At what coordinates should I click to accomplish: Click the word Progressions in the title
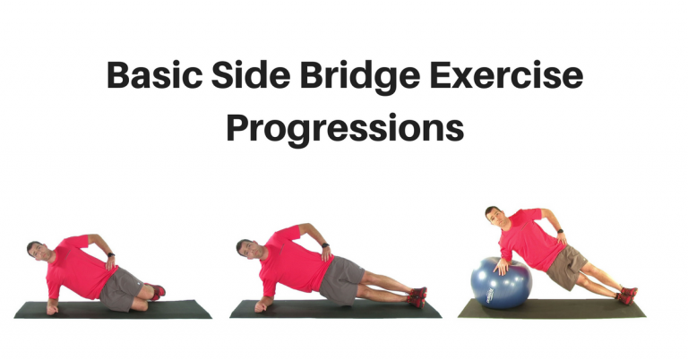pos(345,127)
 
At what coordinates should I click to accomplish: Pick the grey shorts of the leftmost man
pos(121,288)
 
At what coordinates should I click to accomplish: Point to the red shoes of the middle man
pos(417,296)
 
